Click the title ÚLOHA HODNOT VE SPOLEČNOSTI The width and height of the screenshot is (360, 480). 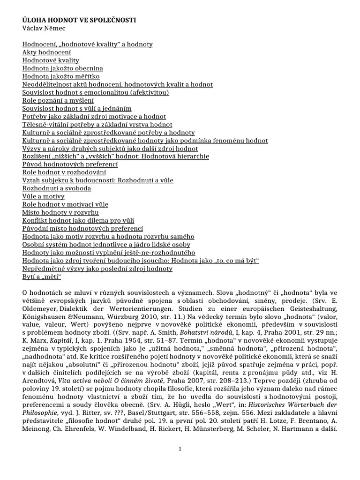tap(79, 21)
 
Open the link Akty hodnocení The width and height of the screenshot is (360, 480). tap(47, 52)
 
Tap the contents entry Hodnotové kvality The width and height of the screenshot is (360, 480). tap(51, 60)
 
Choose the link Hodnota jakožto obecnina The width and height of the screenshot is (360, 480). tap(63, 68)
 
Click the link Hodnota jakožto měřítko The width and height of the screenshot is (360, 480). tap(61, 76)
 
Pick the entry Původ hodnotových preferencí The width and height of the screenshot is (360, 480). tap(70, 165)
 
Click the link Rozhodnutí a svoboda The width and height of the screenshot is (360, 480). tap(57, 188)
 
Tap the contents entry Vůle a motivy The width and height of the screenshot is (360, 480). tap(44, 196)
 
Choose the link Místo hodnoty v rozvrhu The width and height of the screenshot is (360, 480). tap(60, 212)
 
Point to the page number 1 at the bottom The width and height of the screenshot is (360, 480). tap(180, 449)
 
